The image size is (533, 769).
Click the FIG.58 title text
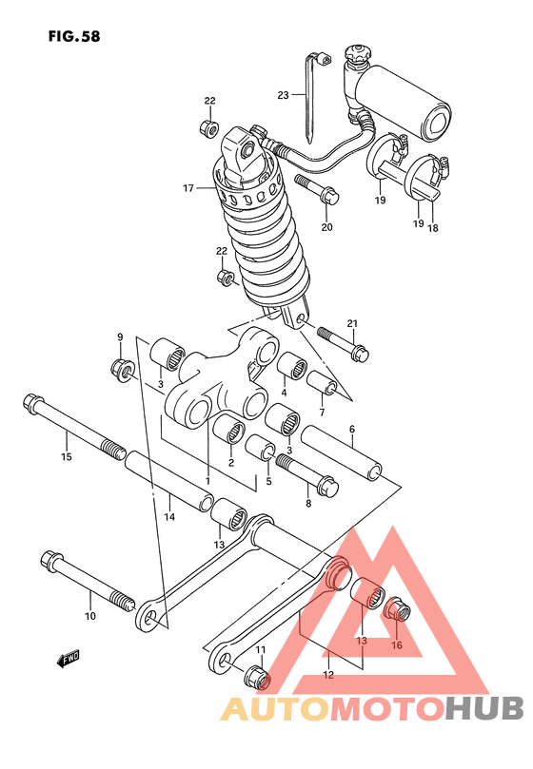pyautogui.click(x=74, y=36)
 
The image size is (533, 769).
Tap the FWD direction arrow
pyautogui.click(x=68, y=659)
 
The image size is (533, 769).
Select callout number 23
pyautogui.click(x=283, y=95)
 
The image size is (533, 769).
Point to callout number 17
pyautogui.click(x=188, y=188)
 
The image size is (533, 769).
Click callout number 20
pyautogui.click(x=326, y=226)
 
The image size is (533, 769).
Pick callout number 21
pyautogui.click(x=352, y=323)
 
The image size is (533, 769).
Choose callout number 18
pyautogui.click(x=433, y=227)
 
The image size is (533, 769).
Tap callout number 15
pyautogui.click(x=67, y=456)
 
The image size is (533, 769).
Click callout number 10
pyautogui.click(x=90, y=616)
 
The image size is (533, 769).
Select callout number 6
pyautogui.click(x=352, y=429)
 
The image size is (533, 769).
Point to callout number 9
pyautogui.click(x=120, y=336)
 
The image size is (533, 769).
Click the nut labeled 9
pyautogui.click(x=121, y=371)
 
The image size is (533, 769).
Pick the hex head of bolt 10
pyautogui.click(x=50, y=561)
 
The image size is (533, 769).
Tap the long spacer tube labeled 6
pyautogui.click(x=342, y=452)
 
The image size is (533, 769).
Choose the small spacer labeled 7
pyautogui.click(x=323, y=382)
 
